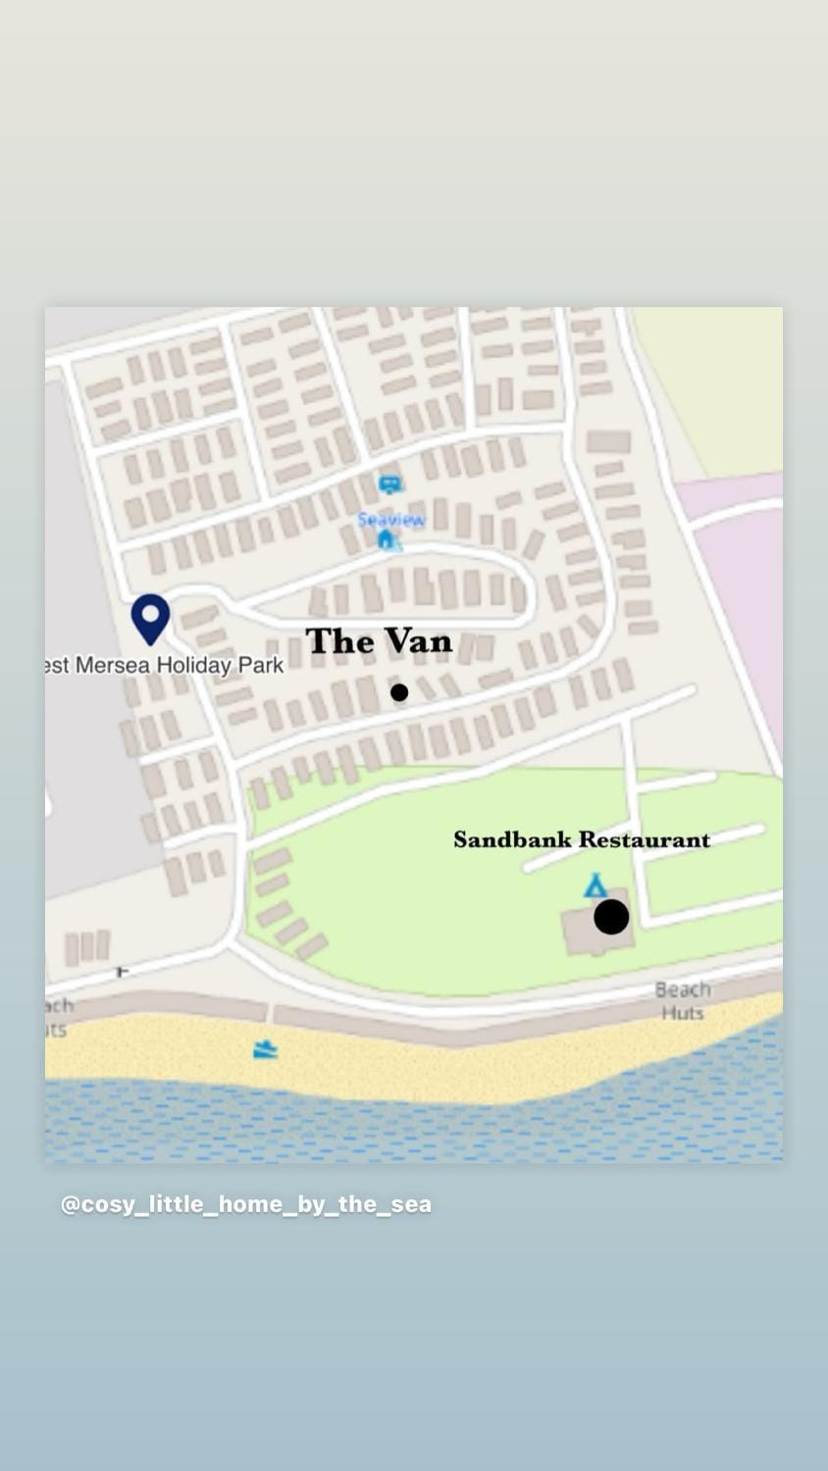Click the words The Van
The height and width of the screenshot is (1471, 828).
click(379, 641)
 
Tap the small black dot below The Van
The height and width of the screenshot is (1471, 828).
click(399, 692)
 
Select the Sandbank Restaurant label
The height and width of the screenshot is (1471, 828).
click(582, 839)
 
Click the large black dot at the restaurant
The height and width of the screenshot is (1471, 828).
click(611, 917)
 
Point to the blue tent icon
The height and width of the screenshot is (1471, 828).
click(595, 886)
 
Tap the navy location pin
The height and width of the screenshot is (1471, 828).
click(150, 618)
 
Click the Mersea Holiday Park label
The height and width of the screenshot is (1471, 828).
click(165, 665)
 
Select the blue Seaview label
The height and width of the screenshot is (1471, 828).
click(391, 519)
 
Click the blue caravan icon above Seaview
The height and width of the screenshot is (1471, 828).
click(390, 484)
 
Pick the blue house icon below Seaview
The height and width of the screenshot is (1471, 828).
click(387, 539)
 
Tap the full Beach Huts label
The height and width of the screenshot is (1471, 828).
click(683, 1000)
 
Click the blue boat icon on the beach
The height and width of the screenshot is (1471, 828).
click(265, 1050)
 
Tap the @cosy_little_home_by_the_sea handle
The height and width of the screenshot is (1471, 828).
click(246, 1204)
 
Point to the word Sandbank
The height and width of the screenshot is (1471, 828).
click(512, 839)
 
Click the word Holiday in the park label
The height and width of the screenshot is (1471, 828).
click(194, 665)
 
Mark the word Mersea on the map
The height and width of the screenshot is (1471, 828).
click(113, 665)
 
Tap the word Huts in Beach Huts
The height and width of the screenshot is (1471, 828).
click(683, 1013)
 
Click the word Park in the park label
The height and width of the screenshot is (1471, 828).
click(261, 665)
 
